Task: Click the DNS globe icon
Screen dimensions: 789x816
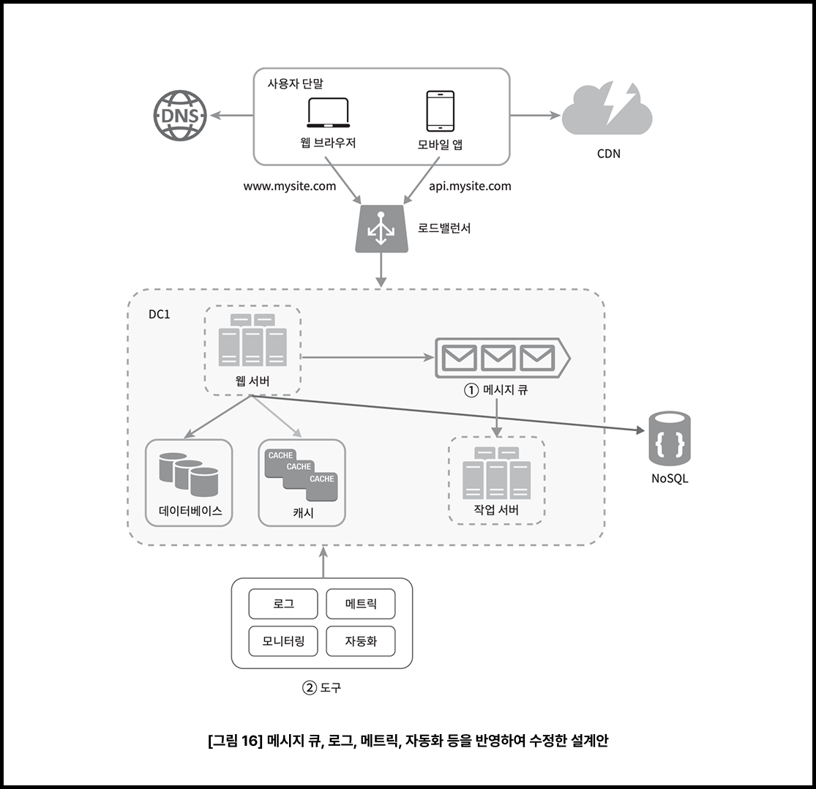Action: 180,116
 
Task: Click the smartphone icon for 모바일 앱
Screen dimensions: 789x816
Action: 441,111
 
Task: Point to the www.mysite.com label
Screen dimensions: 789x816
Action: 290,186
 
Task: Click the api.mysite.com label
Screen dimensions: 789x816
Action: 470,186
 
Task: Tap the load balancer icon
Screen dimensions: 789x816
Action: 380,229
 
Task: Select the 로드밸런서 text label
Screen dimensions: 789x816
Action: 444,228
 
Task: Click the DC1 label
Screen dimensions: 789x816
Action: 159,315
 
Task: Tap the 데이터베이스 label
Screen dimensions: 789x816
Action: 190,510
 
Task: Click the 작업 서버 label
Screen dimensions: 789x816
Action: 496,510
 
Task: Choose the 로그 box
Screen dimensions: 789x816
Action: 283,605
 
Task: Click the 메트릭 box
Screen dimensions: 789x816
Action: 360,605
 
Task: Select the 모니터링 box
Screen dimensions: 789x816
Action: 283,642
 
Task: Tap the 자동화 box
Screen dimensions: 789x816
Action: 360,642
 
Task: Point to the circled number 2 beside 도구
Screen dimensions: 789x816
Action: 310,688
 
